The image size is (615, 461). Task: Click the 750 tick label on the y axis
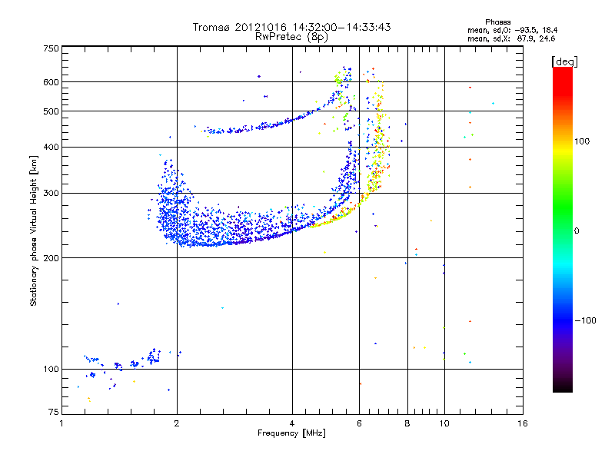pos(51,48)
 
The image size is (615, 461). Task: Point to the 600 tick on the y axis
pos(51,82)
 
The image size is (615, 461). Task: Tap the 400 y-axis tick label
pos(51,147)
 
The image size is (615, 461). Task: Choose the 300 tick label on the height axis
pos(51,193)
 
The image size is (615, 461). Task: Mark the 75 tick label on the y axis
pos(53,413)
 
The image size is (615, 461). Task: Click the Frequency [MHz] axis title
pos(291,434)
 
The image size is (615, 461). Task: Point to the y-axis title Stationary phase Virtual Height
pos(35,230)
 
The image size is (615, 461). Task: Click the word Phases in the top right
pos(500,22)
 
